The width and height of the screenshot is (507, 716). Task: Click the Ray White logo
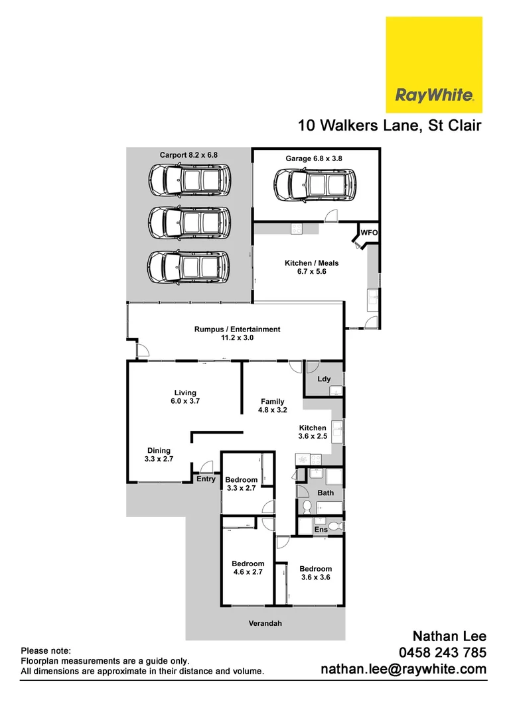434,64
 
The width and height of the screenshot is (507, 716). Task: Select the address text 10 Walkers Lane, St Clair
389,125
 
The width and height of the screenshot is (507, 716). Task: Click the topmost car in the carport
189,180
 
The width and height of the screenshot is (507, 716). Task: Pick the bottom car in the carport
189,267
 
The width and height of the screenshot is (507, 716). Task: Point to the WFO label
369,233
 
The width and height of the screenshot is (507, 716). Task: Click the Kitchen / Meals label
306,267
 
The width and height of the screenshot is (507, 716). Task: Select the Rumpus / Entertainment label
237,333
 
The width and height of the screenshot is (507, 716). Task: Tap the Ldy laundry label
325,379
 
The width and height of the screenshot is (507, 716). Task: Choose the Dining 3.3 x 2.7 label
159,454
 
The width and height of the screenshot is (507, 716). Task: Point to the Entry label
206,479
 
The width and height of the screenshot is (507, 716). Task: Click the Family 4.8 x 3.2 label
272,406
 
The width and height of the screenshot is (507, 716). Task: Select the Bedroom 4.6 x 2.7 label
248,568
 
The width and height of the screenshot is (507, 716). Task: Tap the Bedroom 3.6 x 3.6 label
315,573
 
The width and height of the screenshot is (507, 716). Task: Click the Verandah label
265,623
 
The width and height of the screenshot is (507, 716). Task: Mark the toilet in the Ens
336,526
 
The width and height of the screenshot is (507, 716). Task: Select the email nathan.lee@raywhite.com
403,670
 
